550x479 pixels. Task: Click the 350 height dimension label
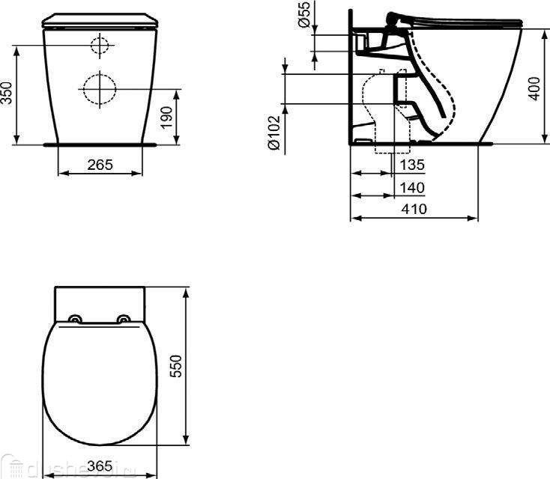pos(7,94)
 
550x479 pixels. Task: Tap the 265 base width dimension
pos(100,164)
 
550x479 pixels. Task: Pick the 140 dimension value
pos(412,187)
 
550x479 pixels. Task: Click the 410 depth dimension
pos(413,210)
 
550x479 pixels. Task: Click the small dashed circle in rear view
pos(100,46)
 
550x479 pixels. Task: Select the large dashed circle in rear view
pos(100,89)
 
